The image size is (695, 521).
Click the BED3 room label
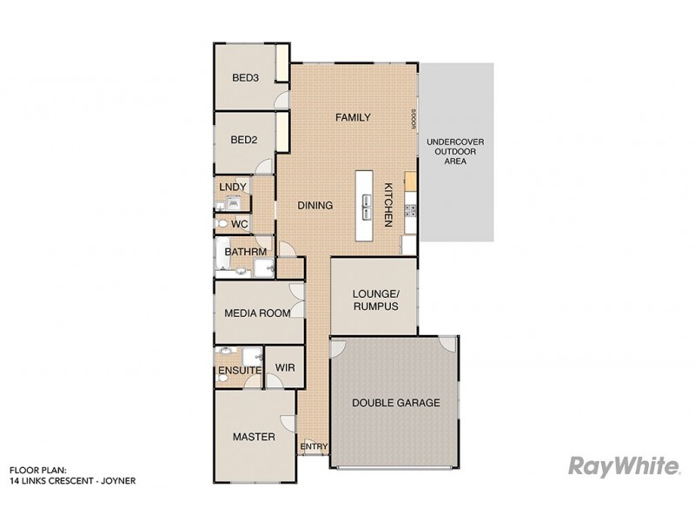click(x=246, y=78)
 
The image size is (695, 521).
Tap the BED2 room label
click(x=244, y=140)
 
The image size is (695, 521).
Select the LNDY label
click(x=233, y=187)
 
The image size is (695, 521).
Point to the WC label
click(x=240, y=224)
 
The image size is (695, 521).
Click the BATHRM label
click(x=245, y=252)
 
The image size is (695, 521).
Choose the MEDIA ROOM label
click(x=256, y=313)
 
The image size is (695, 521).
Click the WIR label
click(x=284, y=367)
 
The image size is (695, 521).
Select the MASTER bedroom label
click(x=254, y=437)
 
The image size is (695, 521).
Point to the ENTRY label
click(x=314, y=447)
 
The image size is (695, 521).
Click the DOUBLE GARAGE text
click(x=395, y=403)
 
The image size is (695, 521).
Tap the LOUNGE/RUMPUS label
click(x=375, y=300)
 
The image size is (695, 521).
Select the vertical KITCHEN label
click(x=388, y=205)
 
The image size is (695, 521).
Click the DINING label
click(x=315, y=206)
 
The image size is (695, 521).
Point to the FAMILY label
click(x=353, y=117)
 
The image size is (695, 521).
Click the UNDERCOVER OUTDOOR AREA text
click(x=455, y=151)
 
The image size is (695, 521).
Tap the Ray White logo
click(x=623, y=466)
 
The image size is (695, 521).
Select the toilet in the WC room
click(x=223, y=224)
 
